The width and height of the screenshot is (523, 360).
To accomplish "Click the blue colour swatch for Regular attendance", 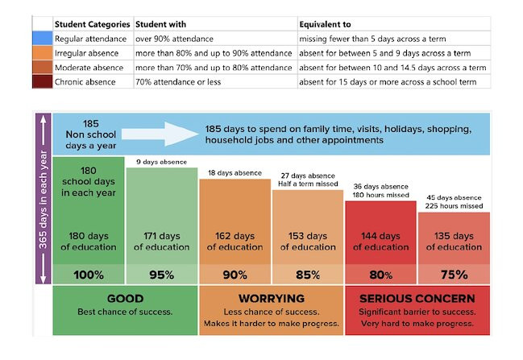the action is [43, 39].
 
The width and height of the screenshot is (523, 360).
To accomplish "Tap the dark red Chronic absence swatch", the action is [43, 81].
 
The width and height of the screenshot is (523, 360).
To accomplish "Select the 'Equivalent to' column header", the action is [325, 24].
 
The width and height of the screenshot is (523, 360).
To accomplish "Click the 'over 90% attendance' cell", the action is [174, 39].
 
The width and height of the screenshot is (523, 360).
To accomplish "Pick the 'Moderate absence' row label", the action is [89, 68].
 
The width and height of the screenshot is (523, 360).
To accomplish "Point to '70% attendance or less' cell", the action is [178, 82].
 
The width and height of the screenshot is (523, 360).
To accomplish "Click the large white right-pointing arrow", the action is [160, 134].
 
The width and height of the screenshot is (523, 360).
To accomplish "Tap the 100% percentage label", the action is [89, 275].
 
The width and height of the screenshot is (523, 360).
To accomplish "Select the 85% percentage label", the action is [308, 275].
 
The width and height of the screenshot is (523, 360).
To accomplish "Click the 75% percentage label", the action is [454, 275].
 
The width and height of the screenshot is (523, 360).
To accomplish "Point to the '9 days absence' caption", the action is [161, 162].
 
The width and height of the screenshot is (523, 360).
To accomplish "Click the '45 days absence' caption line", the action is [454, 197].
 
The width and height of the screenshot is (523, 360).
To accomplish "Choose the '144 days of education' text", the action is [381, 242].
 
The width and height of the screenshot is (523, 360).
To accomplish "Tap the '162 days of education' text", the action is [235, 242].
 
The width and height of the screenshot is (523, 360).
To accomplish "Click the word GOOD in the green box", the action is [126, 298].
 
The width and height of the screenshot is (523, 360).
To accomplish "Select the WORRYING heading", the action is [272, 298].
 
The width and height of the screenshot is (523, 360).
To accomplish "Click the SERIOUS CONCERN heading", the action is [417, 298].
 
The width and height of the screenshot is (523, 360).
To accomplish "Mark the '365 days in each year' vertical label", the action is [43, 199].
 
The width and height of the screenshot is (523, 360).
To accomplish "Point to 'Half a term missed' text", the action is [308, 184].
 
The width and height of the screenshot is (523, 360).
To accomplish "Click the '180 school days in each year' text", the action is [89, 182].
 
